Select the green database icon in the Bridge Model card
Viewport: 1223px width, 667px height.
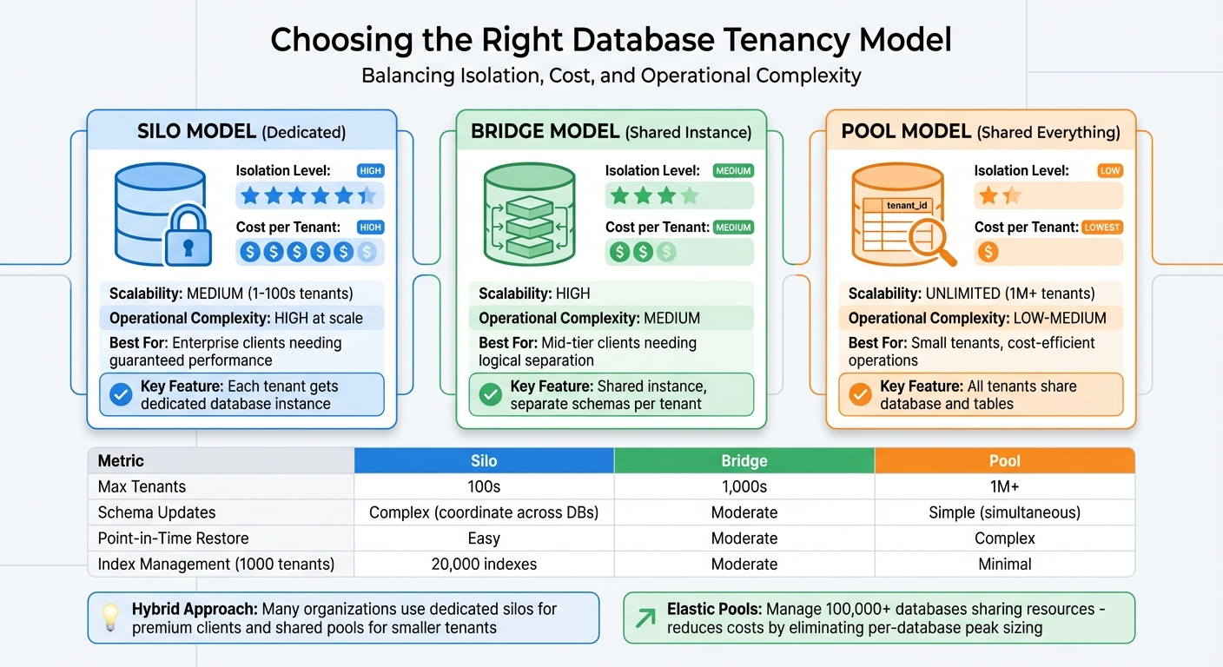529,215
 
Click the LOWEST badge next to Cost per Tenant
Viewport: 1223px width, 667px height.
1102,228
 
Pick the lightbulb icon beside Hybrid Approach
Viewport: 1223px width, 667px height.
109,617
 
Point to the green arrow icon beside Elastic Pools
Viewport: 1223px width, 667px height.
645,617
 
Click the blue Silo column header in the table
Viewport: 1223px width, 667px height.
484,460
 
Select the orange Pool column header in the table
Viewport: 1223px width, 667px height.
1004,460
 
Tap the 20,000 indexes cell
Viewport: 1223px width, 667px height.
484,564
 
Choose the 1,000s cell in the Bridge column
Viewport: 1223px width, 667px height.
744,486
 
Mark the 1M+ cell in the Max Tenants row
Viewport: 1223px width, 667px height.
1004,486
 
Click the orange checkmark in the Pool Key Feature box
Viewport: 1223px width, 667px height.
860,395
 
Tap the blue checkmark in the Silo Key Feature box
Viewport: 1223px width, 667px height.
121,395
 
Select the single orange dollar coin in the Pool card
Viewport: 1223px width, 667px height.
988,252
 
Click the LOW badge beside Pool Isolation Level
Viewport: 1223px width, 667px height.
1109,171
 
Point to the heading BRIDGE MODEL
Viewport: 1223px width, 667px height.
545,132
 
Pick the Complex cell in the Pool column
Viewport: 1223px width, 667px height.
1004,538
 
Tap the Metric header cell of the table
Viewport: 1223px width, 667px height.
121,460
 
